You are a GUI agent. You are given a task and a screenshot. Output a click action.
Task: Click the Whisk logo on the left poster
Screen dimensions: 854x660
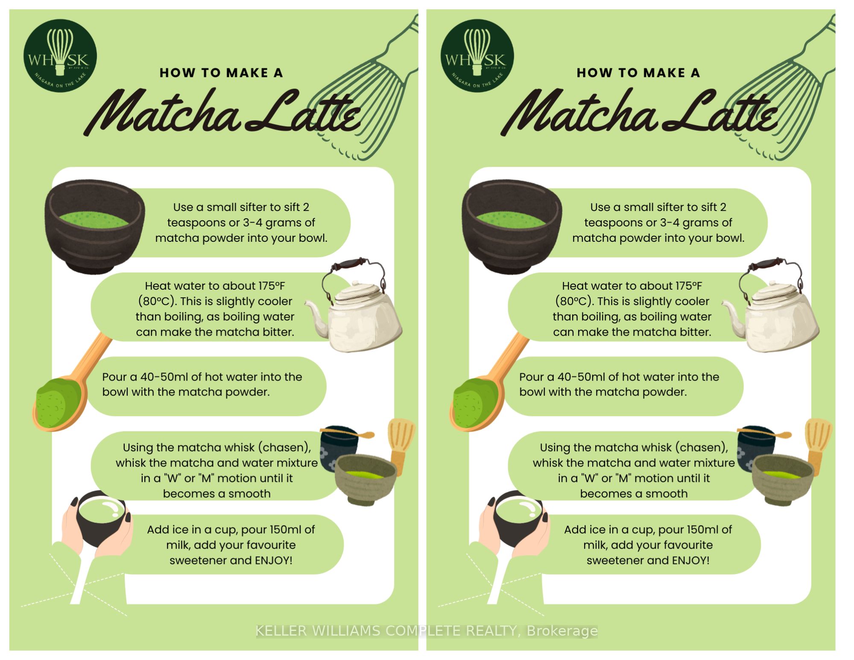pyautogui.click(x=60, y=56)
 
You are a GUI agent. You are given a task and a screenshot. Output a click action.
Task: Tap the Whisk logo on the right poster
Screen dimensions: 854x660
pyautogui.click(x=477, y=56)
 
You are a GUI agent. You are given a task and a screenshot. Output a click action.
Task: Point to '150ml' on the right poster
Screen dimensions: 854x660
pyautogui.click(x=700, y=530)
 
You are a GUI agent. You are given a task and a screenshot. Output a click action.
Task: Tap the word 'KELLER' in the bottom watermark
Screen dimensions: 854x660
pyautogui.click(x=281, y=631)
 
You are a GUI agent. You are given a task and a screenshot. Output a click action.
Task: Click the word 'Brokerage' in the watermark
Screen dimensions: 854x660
pyautogui.click(x=562, y=631)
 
